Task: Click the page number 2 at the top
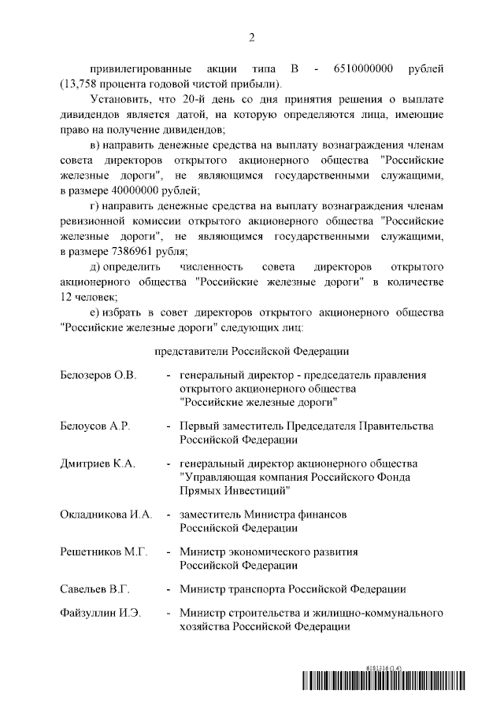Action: pyautogui.click(x=251, y=37)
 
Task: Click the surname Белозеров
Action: pyautogui.click(x=86, y=374)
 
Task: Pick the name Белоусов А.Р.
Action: pyautogui.click(x=95, y=426)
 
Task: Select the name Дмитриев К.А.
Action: pyautogui.click(x=98, y=463)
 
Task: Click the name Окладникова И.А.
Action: pyautogui.click(x=106, y=514)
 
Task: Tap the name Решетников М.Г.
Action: pyautogui.click(x=104, y=552)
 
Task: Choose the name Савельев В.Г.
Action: pyautogui.click(x=95, y=588)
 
